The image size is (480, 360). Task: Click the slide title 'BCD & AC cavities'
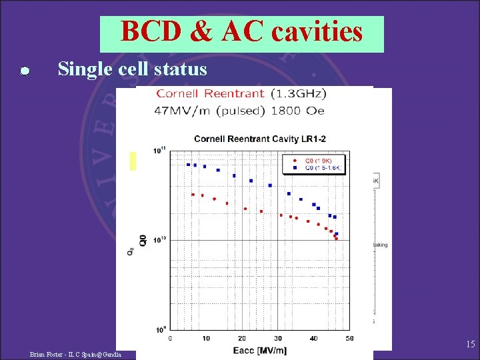click(242, 32)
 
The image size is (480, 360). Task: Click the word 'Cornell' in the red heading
click(181, 94)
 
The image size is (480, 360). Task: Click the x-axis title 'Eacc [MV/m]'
click(260, 349)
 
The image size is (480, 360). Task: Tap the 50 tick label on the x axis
click(350, 339)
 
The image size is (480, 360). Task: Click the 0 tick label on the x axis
click(170, 339)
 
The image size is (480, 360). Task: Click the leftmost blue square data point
click(188, 164)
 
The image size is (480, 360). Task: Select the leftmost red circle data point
click(193, 195)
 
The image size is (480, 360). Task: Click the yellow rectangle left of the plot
click(133, 161)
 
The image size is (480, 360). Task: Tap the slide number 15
click(470, 345)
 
